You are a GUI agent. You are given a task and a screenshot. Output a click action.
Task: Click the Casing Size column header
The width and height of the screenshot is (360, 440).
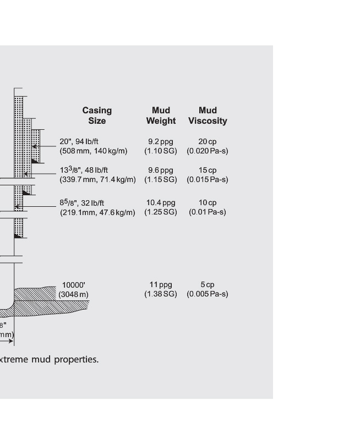(x=97, y=116)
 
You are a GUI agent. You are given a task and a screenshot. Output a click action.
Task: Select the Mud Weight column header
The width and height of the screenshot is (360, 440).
(x=161, y=116)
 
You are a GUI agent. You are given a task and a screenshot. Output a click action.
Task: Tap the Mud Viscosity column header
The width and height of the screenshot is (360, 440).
(x=208, y=116)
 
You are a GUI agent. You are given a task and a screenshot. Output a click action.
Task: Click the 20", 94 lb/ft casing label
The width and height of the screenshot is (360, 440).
(x=79, y=141)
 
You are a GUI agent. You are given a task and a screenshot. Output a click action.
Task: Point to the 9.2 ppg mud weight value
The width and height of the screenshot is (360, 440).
(x=161, y=141)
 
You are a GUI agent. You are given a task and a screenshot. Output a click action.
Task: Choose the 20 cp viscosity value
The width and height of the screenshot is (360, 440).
(x=208, y=141)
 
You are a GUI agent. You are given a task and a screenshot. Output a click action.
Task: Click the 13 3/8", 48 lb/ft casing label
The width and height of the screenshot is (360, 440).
(x=84, y=170)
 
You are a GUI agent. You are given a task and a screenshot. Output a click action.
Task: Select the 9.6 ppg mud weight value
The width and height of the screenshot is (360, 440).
(x=161, y=170)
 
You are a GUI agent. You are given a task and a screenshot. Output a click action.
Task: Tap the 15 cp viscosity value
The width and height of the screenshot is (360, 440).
(x=208, y=170)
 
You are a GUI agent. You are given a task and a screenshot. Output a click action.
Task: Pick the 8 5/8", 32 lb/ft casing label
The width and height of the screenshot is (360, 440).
(x=82, y=202)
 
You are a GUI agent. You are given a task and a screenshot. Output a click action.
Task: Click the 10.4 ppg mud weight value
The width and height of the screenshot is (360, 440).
(x=161, y=202)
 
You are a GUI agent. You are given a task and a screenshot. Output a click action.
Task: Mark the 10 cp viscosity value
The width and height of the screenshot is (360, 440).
(x=208, y=202)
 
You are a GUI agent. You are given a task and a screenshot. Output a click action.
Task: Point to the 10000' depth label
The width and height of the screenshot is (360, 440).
(x=74, y=284)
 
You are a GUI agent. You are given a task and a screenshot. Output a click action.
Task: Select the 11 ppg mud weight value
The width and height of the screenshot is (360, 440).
(x=161, y=284)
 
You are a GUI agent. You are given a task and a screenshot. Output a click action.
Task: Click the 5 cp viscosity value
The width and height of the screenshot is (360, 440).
(x=208, y=284)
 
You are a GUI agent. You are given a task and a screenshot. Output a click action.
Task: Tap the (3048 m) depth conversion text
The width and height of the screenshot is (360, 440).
(x=74, y=294)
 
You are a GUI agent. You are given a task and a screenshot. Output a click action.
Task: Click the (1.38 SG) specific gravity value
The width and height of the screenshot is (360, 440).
(x=161, y=294)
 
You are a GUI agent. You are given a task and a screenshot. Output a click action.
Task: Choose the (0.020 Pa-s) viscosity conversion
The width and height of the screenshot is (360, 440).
(x=208, y=151)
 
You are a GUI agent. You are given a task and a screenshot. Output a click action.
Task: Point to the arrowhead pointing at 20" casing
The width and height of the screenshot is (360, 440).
(x=35, y=146)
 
